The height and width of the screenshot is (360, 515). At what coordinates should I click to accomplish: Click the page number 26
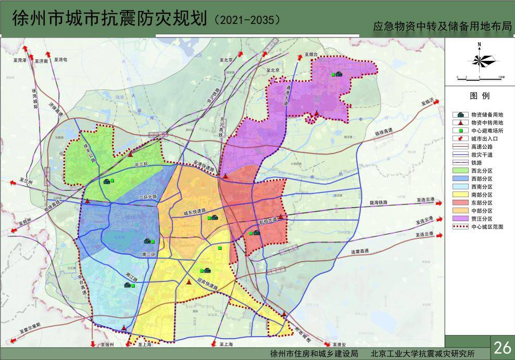point(503,348)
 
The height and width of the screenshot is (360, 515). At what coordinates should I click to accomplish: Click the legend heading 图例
point(480,96)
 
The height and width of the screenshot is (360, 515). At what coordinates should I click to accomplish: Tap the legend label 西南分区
point(481,186)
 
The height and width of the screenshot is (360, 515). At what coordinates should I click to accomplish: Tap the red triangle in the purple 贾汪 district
point(316,112)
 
